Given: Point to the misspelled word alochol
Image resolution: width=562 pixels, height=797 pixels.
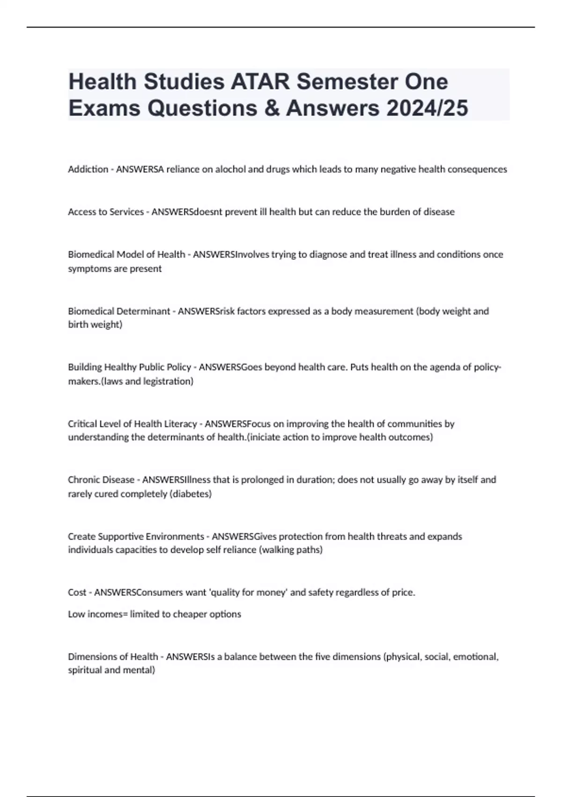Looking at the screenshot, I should (230, 169).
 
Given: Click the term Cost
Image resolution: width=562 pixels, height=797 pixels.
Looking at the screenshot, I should (77, 593).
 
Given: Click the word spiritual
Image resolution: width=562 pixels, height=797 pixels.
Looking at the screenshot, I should (84, 670).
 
